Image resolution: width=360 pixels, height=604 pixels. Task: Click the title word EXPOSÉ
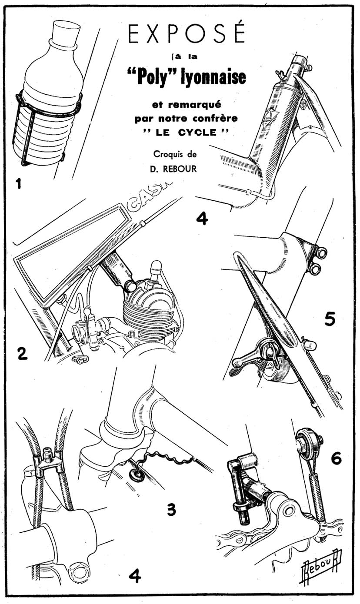(x=187, y=33)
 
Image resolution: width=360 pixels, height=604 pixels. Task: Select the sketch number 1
(x=18, y=184)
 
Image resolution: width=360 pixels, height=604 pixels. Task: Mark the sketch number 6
(x=336, y=458)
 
